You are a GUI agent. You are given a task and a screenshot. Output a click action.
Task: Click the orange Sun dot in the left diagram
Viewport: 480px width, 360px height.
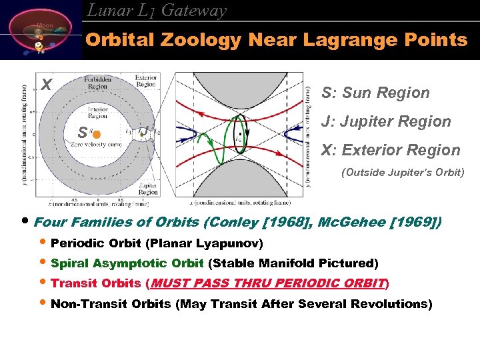pos(96,134)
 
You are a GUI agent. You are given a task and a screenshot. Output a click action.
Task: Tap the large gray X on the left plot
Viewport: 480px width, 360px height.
pos(45,85)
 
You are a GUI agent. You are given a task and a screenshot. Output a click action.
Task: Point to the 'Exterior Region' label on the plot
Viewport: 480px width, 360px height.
pos(145,81)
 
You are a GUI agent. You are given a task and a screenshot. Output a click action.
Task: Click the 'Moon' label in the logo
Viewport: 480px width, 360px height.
pos(45,25)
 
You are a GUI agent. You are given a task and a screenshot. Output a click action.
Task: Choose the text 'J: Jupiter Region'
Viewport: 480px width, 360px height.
pos(386,121)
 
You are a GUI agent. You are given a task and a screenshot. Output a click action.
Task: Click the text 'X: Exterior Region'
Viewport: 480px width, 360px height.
pos(390,150)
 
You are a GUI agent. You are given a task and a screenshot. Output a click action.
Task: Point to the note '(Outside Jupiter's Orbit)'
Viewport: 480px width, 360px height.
pos(403,173)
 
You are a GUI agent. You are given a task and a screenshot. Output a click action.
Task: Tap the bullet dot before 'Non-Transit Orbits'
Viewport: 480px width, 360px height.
pos(43,304)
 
